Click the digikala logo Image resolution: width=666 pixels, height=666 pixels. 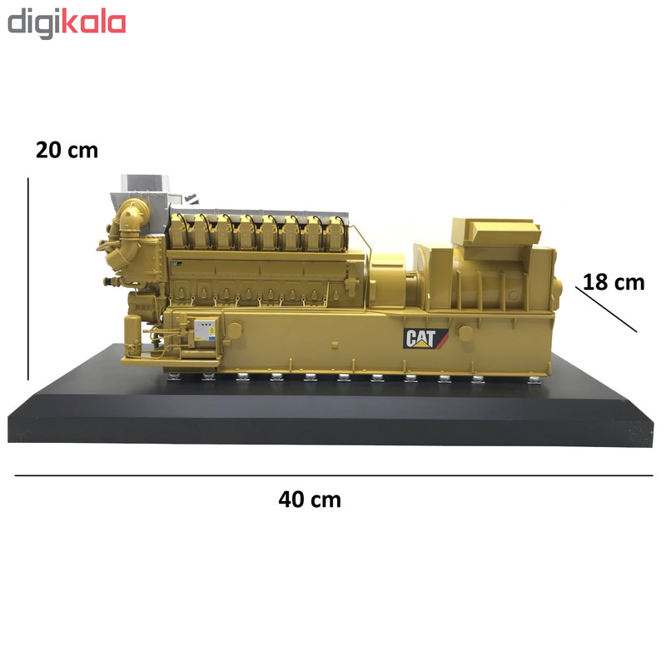tap(67, 24)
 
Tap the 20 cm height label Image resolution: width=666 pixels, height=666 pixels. tap(67, 151)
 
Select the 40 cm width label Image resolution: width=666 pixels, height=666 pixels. tap(310, 499)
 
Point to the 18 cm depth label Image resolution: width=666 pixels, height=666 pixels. tap(614, 282)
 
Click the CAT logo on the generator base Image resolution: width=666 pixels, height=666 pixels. tap(425, 339)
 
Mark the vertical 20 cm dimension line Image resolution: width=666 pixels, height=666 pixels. tap(28, 279)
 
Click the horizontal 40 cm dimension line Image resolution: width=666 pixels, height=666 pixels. tap(334, 475)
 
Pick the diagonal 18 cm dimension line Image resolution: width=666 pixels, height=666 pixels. tap(606, 309)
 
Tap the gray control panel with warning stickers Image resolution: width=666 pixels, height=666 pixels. tap(205, 330)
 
